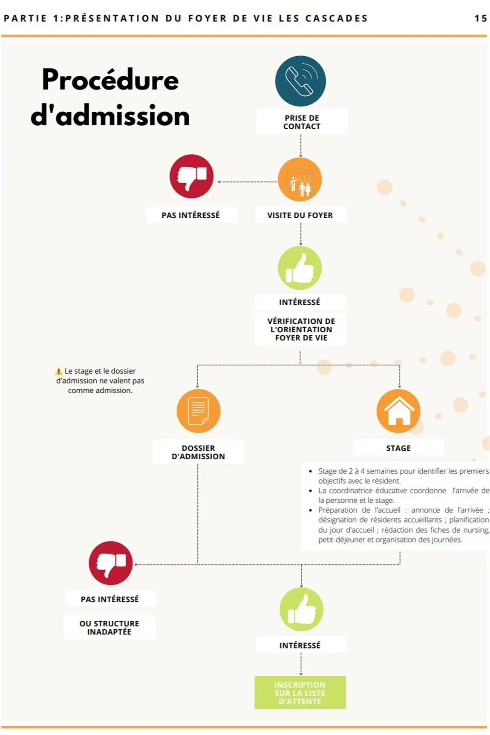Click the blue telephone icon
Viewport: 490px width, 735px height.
click(x=300, y=81)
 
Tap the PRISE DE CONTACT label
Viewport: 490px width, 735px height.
click(x=302, y=122)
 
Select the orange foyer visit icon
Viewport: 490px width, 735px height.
click(x=300, y=179)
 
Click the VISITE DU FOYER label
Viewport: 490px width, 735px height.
click(x=300, y=215)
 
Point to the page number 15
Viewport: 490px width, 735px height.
click(x=481, y=18)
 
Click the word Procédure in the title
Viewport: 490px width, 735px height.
click(x=110, y=80)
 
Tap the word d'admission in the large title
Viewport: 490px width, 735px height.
click(x=110, y=116)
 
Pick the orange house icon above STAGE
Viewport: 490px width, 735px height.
click(x=398, y=411)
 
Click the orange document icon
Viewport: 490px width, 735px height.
click(x=198, y=411)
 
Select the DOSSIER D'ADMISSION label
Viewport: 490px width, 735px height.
click(x=198, y=452)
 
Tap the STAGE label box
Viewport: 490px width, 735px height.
click(x=398, y=448)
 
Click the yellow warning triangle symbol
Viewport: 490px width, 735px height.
click(x=59, y=371)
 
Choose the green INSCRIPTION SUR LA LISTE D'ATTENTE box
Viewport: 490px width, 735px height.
click(x=300, y=692)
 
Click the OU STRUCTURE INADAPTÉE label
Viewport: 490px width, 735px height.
click(x=109, y=627)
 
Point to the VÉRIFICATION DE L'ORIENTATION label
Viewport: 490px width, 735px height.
click(x=301, y=329)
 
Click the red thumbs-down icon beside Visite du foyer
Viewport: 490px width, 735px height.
click(x=191, y=176)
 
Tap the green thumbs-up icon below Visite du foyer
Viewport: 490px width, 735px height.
click(x=300, y=268)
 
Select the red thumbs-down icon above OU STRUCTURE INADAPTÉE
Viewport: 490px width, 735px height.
click(x=110, y=563)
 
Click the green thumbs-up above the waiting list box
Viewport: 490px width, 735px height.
click(x=301, y=609)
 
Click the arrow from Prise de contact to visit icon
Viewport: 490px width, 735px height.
click(x=301, y=146)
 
